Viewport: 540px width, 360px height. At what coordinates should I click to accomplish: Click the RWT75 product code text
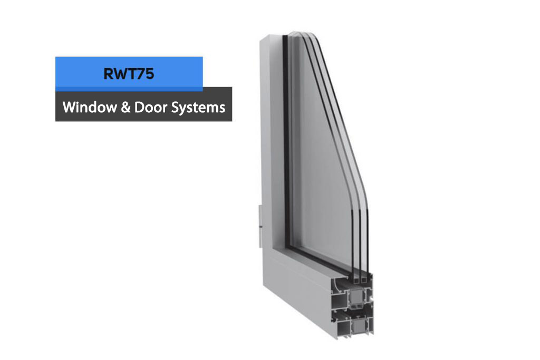coord(129,74)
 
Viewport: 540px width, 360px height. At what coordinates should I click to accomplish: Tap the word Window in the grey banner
coord(90,108)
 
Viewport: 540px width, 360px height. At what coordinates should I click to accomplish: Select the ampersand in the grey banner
coord(126,108)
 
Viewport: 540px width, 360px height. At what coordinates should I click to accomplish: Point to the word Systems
coord(198,108)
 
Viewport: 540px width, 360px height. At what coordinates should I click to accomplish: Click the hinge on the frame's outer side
coord(261,226)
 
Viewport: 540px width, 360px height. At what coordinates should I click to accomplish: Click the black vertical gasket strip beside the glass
coord(286,138)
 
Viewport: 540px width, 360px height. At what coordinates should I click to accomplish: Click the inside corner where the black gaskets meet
coord(286,246)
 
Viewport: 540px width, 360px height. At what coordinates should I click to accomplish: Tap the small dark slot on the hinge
coord(261,227)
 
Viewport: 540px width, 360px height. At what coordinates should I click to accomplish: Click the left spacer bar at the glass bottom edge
coord(354,279)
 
